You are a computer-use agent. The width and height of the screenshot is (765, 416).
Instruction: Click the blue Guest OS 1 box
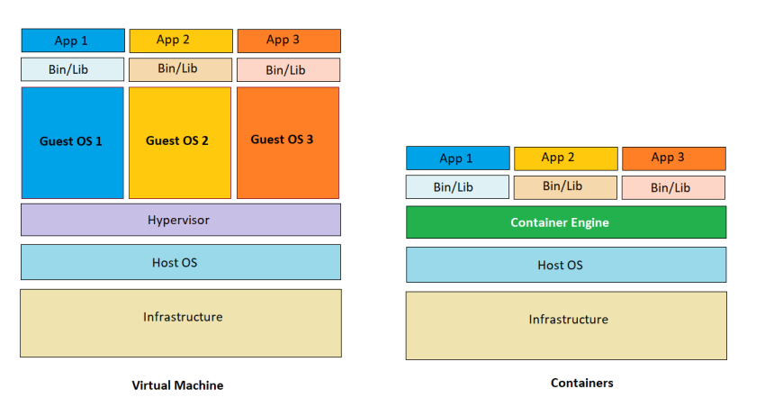tap(72, 142)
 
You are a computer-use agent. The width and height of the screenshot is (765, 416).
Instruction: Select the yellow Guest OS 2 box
tap(180, 142)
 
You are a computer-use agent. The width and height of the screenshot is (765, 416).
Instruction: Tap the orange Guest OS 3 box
tap(288, 142)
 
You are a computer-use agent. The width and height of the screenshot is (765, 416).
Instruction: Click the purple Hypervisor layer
tap(181, 220)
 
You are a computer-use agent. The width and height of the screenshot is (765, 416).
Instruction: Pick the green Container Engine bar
tap(566, 222)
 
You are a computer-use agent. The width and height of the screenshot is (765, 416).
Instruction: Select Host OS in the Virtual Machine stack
tap(181, 262)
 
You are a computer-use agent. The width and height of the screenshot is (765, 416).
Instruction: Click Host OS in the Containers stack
tap(566, 265)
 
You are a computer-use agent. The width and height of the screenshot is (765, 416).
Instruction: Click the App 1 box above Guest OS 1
tap(73, 41)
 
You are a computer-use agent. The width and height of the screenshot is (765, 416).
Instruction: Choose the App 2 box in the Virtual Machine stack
tap(180, 41)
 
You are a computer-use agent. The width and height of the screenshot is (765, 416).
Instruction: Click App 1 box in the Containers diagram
tap(457, 158)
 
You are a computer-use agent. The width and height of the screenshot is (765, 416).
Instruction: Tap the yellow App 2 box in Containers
tap(565, 158)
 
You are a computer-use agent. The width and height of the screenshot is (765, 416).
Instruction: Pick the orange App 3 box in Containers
tap(673, 158)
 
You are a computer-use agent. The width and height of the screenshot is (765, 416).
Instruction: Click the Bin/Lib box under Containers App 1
tap(457, 187)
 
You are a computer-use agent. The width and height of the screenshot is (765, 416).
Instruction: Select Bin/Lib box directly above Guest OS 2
tap(180, 69)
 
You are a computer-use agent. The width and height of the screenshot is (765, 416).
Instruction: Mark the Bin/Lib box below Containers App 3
tap(673, 187)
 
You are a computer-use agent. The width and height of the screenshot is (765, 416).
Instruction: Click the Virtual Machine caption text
tap(177, 385)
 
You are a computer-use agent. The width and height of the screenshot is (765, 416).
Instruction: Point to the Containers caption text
tap(581, 383)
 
